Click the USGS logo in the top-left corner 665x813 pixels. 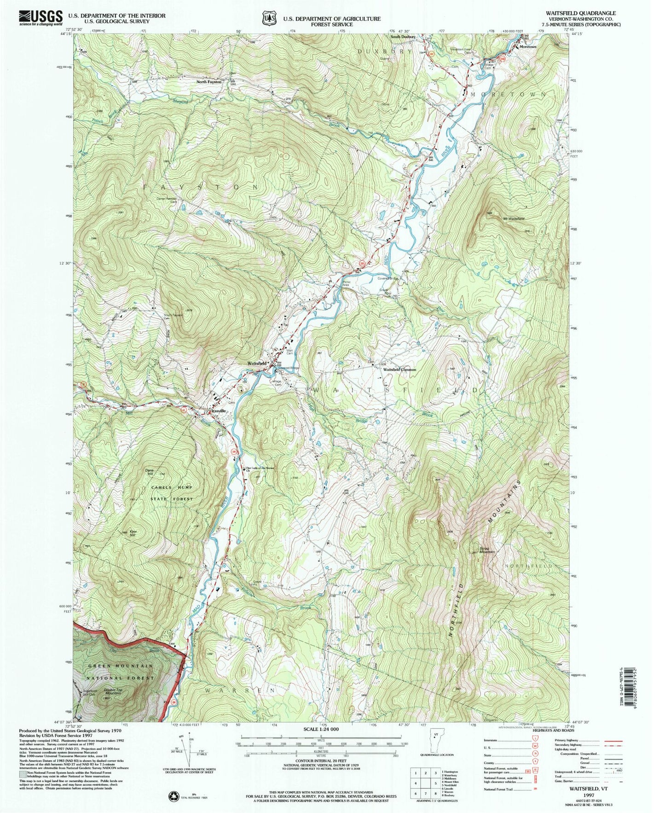40,17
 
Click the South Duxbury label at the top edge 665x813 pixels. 403,36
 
